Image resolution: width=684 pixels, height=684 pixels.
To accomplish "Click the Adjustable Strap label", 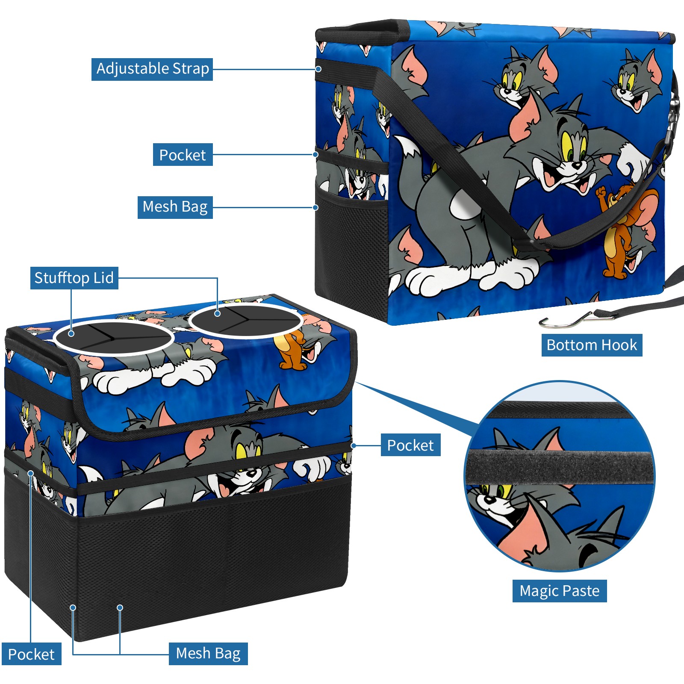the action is click(x=152, y=69).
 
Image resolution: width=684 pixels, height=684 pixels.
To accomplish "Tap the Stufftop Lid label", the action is click(x=74, y=278).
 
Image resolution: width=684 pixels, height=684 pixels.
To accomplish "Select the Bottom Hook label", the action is click(x=592, y=345).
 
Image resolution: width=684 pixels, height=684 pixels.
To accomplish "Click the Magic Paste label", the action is click(x=560, y=591).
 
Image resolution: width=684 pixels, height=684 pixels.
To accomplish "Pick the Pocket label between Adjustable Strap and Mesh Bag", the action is click(x=183, y=155).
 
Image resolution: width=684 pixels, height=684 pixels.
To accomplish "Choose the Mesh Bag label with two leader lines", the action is click(x=208, y=654).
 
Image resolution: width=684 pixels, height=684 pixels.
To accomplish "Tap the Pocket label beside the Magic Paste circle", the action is click(x=410, y=445).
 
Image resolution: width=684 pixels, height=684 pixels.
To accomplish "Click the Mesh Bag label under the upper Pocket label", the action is click(x=175, y=207).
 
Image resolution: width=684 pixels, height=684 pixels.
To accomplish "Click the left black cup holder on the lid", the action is click(x=113, y=337).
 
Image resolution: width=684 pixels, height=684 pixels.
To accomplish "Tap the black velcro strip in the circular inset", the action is click(x=560, y=466).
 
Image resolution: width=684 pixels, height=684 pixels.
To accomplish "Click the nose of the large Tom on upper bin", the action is click(x=577, y=165).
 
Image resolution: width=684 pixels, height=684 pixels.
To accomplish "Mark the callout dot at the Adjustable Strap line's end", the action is click(x=318, y=69).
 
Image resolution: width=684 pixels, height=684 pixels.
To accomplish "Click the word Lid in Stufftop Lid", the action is click(x=103, y=278).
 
